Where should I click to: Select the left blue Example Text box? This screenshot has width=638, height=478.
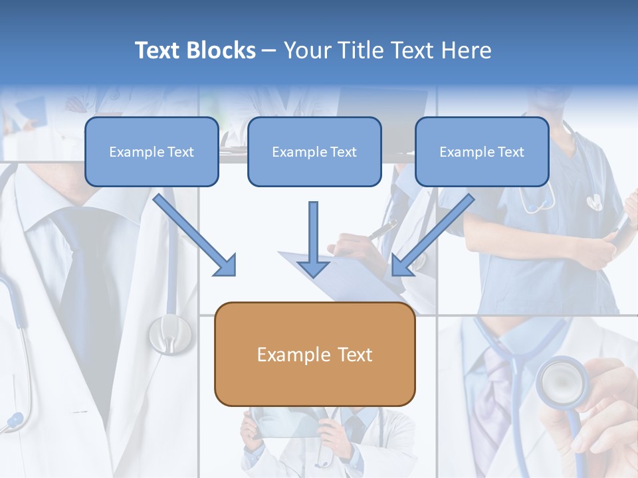tap(152, 151)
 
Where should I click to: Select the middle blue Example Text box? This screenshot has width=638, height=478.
tap(314, 151)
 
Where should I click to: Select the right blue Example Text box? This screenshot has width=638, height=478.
tap(482, 151)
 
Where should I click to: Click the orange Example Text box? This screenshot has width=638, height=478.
tap(314, 354)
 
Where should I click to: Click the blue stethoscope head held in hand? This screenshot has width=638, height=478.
tap(562, 382)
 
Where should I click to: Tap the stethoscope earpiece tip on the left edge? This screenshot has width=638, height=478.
tap(13, 420)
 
